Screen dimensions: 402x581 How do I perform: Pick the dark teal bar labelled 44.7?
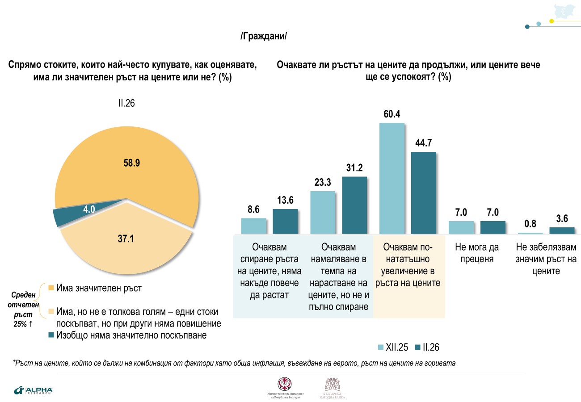click(423, 193)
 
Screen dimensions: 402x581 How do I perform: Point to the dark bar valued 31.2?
click(354, 205)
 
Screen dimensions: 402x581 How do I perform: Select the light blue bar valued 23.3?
click(322, 212)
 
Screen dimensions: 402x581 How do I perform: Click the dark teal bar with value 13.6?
click(285, 221)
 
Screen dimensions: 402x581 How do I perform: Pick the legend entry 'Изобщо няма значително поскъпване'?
click(127, 335)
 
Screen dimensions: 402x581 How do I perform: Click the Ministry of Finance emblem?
click(285, 384)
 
